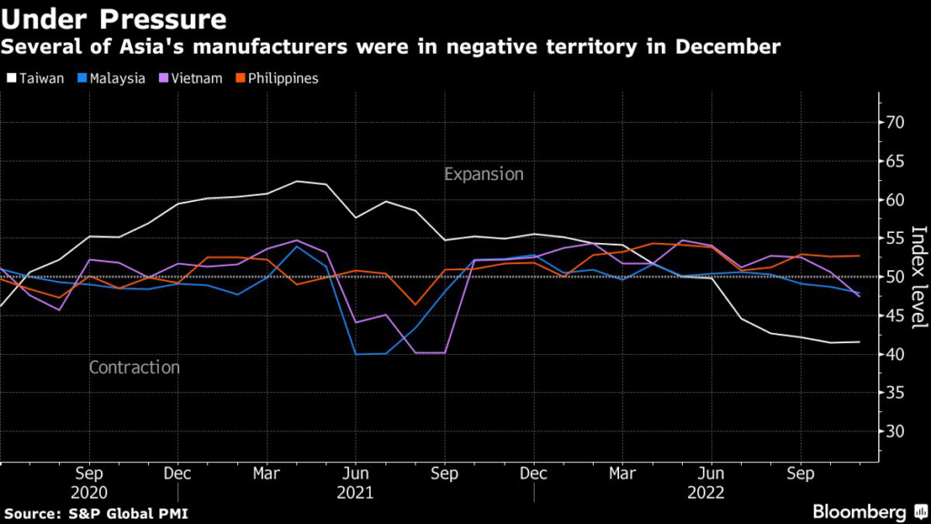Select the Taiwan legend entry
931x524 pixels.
pyautogui.click(x=36, y=78)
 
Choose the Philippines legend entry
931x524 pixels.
pyautogui.click(x=278, y=78)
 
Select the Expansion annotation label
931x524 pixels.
pyautogui.click(x=484, y=174)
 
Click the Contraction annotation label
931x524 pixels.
pyautogui.click(x=135, y=368)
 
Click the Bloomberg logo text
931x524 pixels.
pyautogui.click(x=860, y=511)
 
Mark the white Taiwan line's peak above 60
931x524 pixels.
pyautogui.click(x=297, y=181)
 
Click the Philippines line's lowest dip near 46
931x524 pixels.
pyautogui.click(x=415, y=305)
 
